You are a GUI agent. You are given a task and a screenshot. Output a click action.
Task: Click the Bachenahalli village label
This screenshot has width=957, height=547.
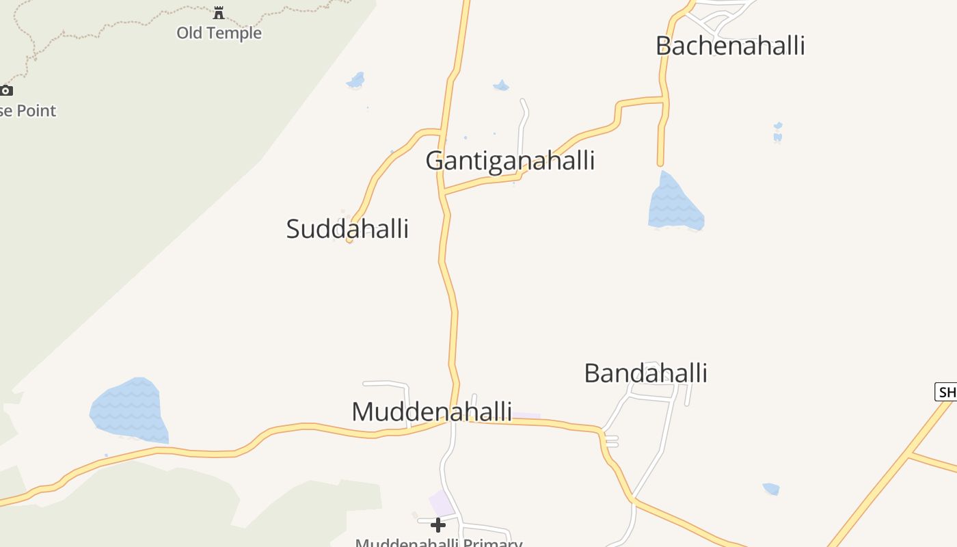point(730,46)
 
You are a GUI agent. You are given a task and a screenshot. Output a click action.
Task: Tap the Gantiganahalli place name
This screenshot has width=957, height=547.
point(510,161)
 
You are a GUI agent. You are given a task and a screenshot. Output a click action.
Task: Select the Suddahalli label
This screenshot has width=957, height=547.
point(347,228)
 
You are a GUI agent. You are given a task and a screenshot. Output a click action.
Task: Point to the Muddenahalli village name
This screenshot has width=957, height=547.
point(431,412)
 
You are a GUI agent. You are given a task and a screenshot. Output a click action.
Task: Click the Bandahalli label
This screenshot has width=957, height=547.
point(645,373)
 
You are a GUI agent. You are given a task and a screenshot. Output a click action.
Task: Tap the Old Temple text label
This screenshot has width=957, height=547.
point(219,33)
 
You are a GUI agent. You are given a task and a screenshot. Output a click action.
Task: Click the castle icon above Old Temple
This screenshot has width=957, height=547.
point(219,12)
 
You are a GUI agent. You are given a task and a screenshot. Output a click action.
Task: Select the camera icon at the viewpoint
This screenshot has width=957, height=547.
point(6,90)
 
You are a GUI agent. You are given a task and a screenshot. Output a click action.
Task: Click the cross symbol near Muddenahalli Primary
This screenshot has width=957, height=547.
point(438,524)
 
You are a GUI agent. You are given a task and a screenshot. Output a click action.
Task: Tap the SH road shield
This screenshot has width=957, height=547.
point(946,392)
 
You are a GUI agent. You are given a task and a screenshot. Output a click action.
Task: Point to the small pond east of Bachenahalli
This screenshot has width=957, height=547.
point(777,132)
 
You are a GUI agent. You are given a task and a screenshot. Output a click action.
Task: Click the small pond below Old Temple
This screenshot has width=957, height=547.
point(355,80)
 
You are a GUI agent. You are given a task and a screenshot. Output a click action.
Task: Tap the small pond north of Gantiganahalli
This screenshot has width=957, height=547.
point(501,85)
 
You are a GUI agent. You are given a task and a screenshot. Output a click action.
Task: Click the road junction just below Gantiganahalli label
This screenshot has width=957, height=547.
point(445,194)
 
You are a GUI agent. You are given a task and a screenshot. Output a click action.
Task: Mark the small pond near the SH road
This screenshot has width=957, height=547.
point(771,489)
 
